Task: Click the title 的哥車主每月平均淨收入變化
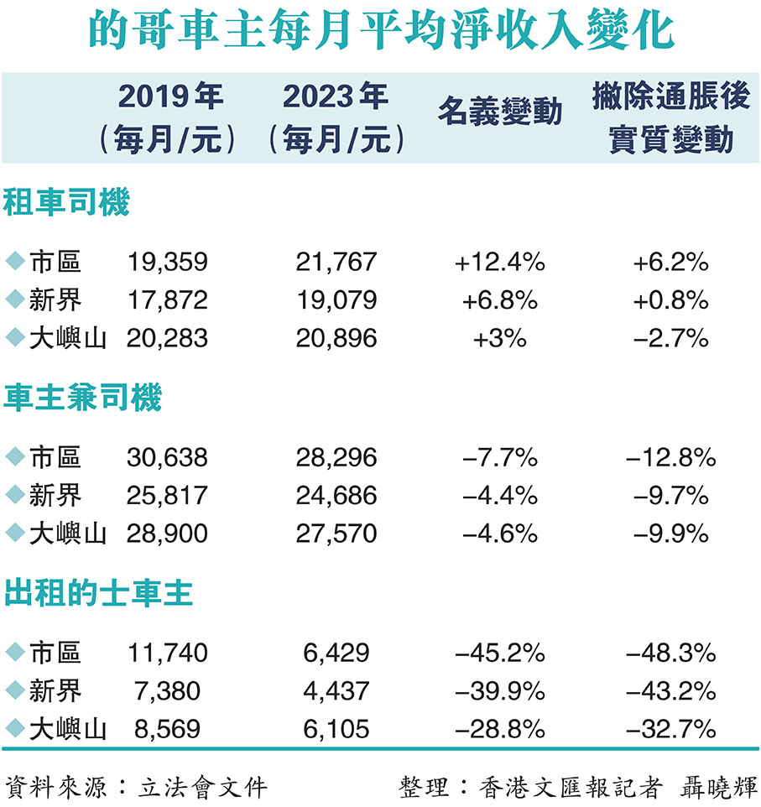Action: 380,32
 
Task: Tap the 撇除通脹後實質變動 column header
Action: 670,118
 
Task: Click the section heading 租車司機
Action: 67,202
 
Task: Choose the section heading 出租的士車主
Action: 99,593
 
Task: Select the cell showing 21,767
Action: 336,263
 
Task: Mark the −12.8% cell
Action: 670,458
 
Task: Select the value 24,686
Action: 336,496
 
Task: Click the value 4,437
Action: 336,690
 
